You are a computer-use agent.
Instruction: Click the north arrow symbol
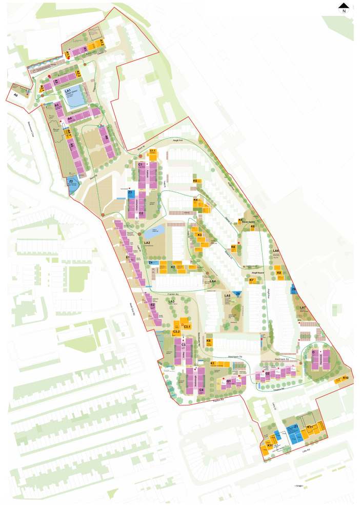[343, 7]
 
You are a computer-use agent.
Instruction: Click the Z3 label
[131, 192]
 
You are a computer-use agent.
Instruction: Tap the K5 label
[195, 181]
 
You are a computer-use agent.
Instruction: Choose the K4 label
[196, 200]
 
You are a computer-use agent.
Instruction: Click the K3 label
[200, 235]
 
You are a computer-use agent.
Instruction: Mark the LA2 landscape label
[147, 242]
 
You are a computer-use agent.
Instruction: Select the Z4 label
[151, 263]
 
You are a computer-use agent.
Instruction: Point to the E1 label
[128, 257]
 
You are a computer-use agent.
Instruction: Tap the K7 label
[252, 280]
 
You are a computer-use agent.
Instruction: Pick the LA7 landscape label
[303, 308]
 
